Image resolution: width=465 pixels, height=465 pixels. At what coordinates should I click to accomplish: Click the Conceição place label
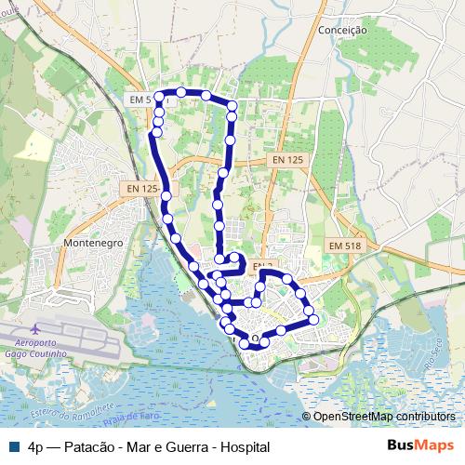click(343, 30)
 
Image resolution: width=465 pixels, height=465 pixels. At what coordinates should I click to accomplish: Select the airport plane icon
click(36, 329)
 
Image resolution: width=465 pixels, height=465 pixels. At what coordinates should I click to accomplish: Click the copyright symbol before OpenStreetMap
click(306, 417)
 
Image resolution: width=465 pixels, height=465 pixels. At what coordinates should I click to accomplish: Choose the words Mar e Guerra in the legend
click(165, 447)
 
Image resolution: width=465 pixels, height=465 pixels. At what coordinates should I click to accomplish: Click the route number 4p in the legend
click(36, 447)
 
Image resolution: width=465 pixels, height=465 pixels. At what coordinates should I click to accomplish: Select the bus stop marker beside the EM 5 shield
click(158, 96)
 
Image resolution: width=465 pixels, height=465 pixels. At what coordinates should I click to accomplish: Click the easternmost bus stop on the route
click(313, 319)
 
